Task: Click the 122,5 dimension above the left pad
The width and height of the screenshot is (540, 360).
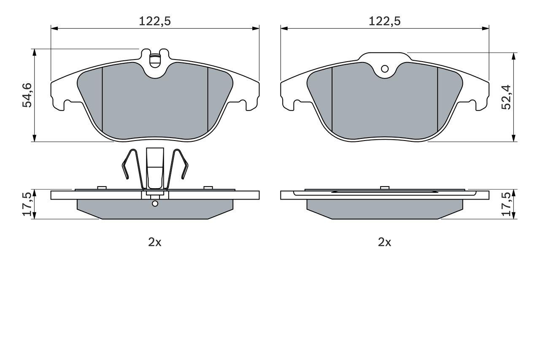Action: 155,21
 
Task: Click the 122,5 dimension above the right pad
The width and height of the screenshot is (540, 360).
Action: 384,21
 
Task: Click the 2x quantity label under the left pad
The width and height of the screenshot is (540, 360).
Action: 155,242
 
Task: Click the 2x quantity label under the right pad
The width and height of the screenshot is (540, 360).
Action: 384,242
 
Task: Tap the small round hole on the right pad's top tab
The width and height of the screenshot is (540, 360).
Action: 384,69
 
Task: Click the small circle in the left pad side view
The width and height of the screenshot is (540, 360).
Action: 155,204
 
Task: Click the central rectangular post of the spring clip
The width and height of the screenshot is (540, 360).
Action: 155,168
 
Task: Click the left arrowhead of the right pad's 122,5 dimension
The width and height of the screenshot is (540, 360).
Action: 284,29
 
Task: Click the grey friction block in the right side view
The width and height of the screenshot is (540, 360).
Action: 384,208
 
